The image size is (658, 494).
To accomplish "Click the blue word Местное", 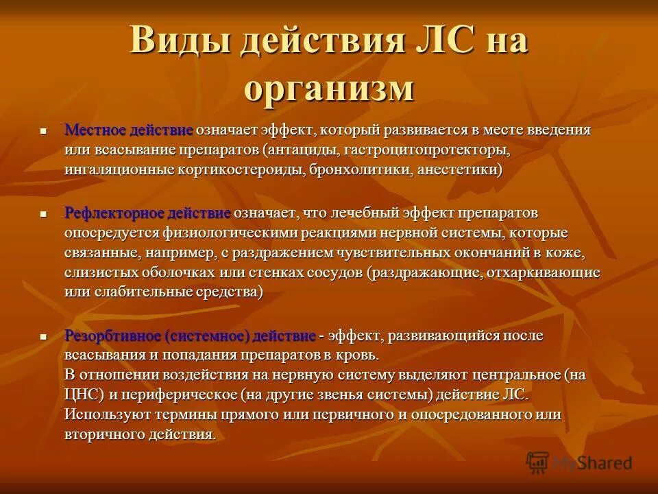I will tap(95, 130).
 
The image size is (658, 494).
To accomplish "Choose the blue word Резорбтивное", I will tap(112, 336).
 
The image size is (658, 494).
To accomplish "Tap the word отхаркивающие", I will tap(546, 272).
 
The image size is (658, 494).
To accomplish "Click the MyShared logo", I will tap(579, 463).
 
